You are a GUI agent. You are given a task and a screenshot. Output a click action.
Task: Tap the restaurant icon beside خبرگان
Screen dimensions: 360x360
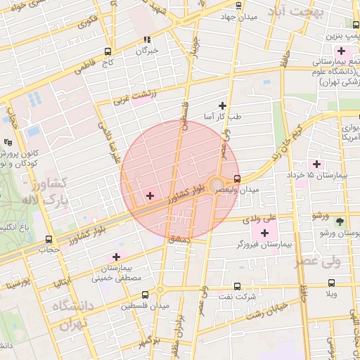click(x=147, y=40)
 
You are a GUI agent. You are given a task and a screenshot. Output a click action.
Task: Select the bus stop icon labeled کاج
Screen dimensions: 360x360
click(x=108, y=51)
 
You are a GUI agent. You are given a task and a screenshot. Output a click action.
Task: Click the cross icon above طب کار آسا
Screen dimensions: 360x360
click(x=223, y=105)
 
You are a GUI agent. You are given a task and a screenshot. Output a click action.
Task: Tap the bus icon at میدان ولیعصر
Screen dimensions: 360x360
click(x=237, y=179)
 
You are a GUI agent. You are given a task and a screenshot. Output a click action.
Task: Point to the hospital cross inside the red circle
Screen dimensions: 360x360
click(x=149, y=195)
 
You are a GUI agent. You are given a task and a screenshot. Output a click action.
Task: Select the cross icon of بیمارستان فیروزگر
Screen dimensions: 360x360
click(x=264, y=233)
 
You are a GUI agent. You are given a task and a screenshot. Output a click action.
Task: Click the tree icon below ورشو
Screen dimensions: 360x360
click(x=340, y=221)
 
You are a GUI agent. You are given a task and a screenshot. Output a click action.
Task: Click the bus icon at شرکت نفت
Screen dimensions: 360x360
click(x=236, y=286)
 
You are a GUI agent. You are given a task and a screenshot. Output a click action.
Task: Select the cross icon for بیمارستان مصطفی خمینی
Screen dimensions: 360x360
click(x=116, y=257)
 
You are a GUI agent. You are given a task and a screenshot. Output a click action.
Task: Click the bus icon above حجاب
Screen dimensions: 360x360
click(x=49, y=239)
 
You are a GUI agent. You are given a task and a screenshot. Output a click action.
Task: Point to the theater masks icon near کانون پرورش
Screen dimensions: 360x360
click(x=8, y=141)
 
